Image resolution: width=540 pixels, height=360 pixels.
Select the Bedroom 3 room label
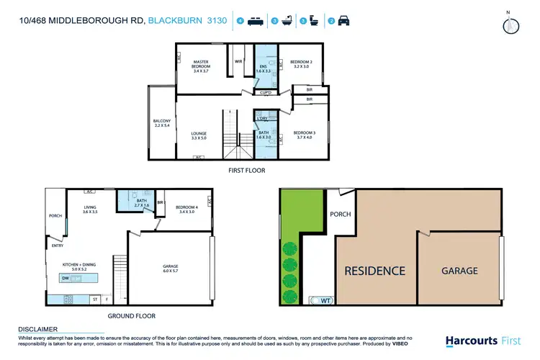[x=302, y=135]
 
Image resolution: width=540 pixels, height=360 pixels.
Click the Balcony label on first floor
[x=161, y=123]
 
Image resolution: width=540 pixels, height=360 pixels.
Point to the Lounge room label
[x=199, y=135]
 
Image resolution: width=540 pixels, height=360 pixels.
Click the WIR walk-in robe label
[x=238, y=62]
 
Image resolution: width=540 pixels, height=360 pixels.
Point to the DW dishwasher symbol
[x=66, y=278]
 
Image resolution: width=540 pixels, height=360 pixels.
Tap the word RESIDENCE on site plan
[x=374, y=271]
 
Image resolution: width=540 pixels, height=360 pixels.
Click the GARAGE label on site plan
[x=459, y=271]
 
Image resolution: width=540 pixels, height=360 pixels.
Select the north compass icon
[x=510, y=23]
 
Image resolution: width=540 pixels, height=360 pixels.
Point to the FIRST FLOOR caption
[x=248, y=171]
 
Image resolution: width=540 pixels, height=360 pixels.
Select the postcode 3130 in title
[x=217, y=22]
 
